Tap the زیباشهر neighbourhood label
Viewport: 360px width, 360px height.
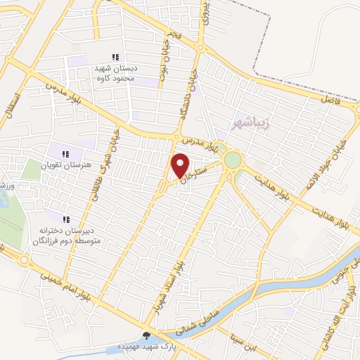pyautogui.click(x=250, y=124)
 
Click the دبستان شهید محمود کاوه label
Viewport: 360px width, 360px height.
pyautogui.click(x=115, y=74)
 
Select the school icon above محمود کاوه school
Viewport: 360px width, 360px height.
pyautogui.click(x=115, y=57)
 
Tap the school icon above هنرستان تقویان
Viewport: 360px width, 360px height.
pyautogui.click(x=65, y=154)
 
